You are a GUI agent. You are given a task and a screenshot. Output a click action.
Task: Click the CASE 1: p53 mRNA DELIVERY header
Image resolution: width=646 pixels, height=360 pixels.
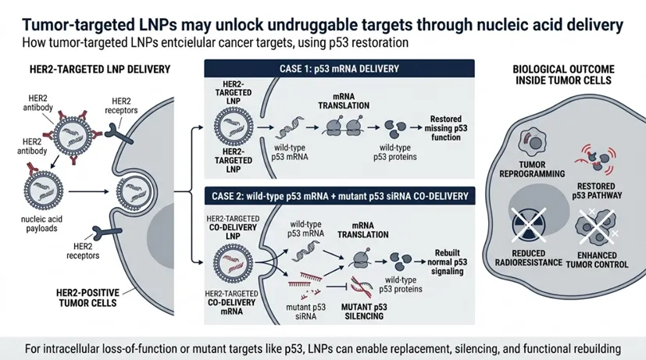point(344,69)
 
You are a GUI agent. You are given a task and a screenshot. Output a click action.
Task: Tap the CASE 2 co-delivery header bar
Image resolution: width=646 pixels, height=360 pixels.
point(344,193)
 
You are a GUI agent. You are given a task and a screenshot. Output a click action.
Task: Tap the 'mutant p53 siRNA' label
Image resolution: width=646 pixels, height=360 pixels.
point(300,301)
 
